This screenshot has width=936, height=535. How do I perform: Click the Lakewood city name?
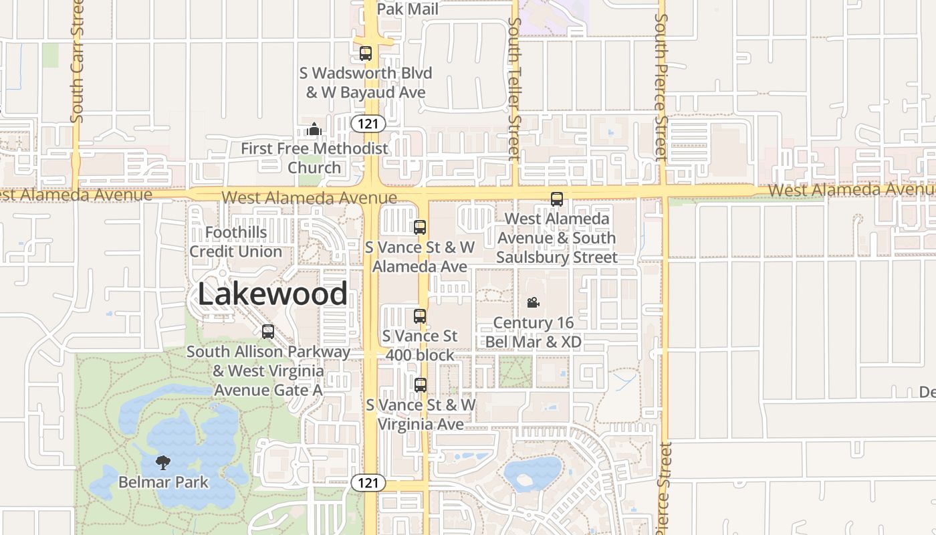(x=273, y=294)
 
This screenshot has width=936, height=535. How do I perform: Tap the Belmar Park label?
(x=163, y=482)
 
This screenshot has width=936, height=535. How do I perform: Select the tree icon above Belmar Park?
(x=162, y=462)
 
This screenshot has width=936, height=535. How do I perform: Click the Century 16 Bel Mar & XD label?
(x=533, y=332)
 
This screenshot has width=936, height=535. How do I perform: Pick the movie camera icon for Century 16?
(x=533, y=303)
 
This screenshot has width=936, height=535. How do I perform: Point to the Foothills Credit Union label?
(x=235, y=242)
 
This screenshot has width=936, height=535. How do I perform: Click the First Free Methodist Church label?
(x=314, y=158)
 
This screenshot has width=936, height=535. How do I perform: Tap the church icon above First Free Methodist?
(x=314, y=129)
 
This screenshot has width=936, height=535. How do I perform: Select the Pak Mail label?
(x=408, y=9)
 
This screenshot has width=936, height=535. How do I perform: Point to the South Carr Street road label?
(x=77, y=62)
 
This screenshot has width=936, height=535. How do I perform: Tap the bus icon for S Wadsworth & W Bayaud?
(x=366, y=53)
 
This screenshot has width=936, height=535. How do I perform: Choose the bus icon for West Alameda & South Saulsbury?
(x=556, y=199)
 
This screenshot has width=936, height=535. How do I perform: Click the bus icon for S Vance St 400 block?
(x=420, y=316)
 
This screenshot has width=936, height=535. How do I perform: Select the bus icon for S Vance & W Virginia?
(x=420, y=385)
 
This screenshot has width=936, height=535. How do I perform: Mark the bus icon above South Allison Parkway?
(x=267, y=332)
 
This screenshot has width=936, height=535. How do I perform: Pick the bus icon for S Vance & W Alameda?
(x=420, y=227)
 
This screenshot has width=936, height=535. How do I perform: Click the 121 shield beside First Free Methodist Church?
(x=368, y=123)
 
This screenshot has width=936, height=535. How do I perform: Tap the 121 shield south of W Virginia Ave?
(x=368, y=483)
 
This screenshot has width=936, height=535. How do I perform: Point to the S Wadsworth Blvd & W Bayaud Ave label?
(x=369, y=82)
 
